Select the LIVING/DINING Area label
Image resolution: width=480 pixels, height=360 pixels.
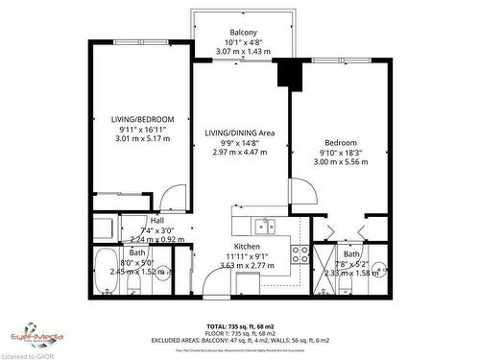click(239, 132)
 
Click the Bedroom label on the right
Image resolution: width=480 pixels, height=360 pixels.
click(340, 141)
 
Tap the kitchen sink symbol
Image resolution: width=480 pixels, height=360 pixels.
click(264, 227)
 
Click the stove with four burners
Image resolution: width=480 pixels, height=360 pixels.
click(300, 254)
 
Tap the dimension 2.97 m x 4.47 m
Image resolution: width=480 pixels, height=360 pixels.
click(239, 152)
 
